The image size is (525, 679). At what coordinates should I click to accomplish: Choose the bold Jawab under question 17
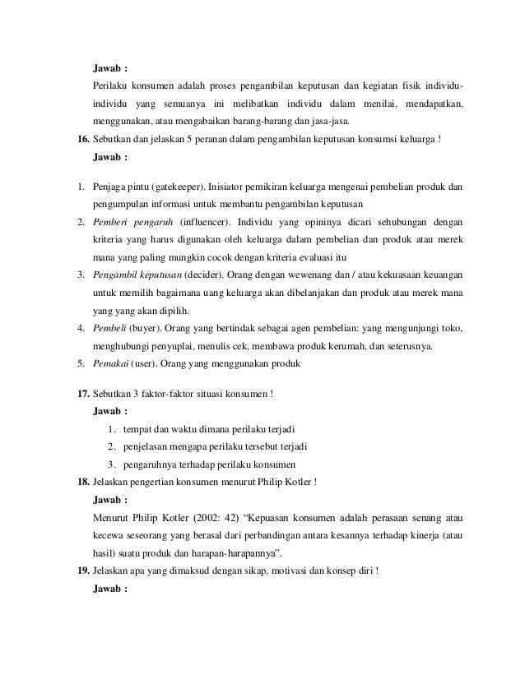tap(111, 411)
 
